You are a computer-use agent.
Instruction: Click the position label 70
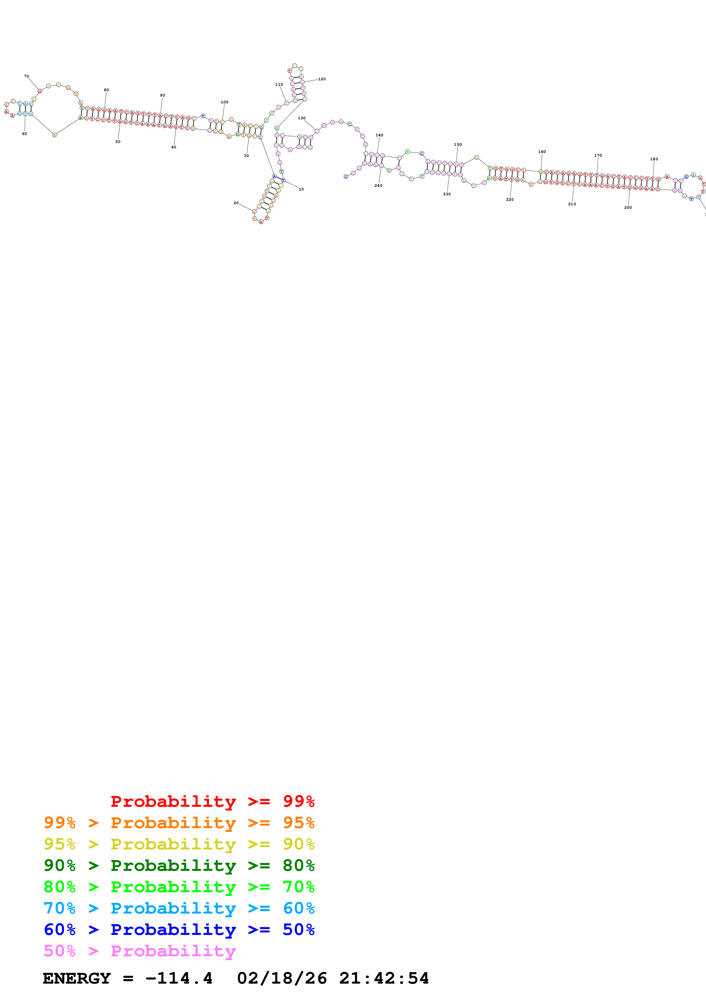click(26, 76)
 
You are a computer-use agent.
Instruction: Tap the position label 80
click(107, 90)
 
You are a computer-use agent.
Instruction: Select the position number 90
click(163, 95)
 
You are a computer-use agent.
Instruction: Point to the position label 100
click(224, 102)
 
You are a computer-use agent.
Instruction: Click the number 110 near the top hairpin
click(279, 84)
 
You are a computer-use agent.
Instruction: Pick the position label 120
click(322, 79)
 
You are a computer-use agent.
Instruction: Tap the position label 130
click(302, 118)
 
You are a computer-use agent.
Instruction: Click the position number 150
click(458, 144)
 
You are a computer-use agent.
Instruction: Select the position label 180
click(654, 159)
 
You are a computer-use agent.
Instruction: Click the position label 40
click(173, 147)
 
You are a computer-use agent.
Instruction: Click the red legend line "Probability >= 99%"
click(213, 801)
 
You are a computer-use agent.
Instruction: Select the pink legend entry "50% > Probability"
click(140, 951)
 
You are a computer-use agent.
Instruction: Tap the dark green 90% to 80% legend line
click(179, 865)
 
